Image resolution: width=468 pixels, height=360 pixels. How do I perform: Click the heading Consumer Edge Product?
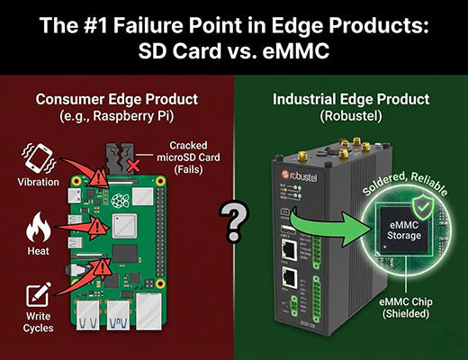tap(117, 100)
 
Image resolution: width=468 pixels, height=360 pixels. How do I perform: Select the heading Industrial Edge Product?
tap(350, 100)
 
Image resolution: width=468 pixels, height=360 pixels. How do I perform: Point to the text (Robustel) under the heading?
tap(350, 116)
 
